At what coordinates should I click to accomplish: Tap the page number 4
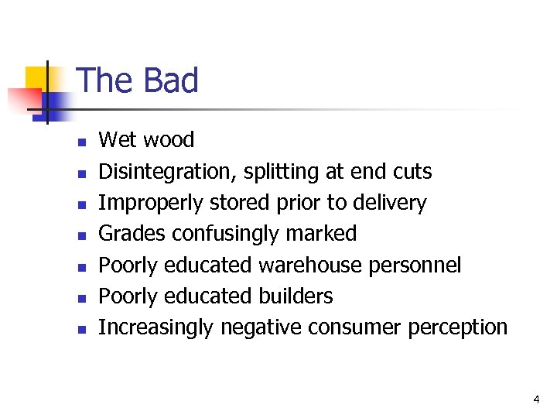click(535, 399)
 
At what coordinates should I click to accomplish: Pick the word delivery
click(388, 203)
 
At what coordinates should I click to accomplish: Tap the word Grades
click(132, 234)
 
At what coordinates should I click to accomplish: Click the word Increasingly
click(155, 327)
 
